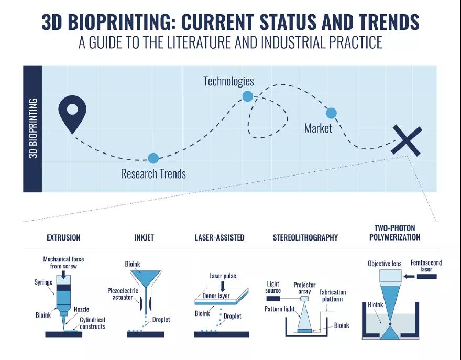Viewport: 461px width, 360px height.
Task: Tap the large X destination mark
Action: [407, 140]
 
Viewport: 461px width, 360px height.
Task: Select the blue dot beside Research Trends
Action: [153, 158]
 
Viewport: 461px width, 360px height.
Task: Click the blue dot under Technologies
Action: [248, 96]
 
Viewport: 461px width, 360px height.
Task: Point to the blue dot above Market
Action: [331, 113]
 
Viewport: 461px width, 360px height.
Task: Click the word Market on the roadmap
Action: [318, 128]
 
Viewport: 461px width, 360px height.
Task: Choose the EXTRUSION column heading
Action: [63, 237]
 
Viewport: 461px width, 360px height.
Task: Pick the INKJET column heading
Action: [144, 237]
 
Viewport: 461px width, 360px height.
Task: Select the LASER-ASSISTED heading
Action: [219, 237]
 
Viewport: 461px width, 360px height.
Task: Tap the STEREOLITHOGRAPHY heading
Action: [305, 237]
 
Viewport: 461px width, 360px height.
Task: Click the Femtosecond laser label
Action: [426, 266]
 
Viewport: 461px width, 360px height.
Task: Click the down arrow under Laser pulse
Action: [223, 287]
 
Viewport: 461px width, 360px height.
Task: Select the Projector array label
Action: [304, 288]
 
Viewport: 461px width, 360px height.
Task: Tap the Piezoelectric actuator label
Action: [123, 294]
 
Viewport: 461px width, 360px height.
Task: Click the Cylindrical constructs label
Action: [92, 323]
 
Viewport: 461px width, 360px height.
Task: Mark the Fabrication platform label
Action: [333, 296]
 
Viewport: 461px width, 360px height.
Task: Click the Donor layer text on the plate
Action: [216, 296]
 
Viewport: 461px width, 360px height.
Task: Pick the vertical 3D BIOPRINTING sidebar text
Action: [33, 128]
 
